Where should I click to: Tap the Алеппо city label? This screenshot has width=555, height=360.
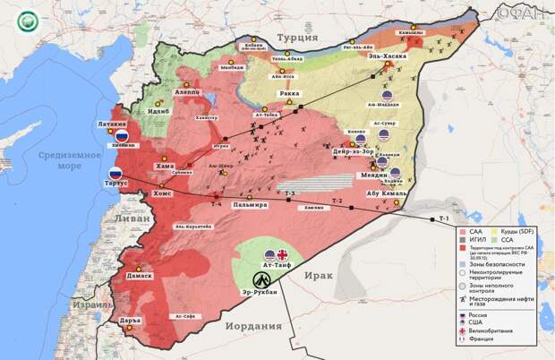click(x=187, y=92)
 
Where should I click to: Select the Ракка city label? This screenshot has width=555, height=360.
click(x=289, y=92)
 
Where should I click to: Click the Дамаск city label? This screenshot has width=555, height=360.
click(x=139, y=276)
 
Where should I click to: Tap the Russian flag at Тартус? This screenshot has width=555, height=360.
click(x=115, y=175)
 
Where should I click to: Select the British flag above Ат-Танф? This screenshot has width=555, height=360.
click(x=283, y=254)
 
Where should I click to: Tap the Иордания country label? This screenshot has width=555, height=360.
click(x=252, y=325)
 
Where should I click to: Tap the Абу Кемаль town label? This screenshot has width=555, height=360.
click(x=387, y=193)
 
